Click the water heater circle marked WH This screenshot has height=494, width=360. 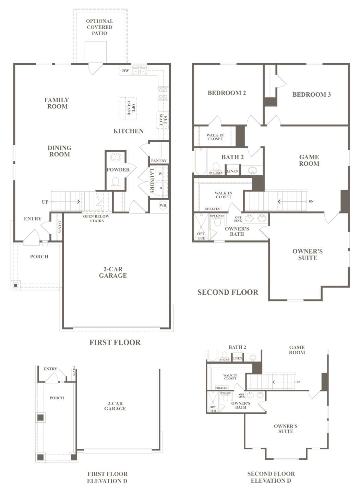163,205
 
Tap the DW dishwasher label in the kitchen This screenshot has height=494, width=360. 125,71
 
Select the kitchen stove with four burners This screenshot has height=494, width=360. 163,93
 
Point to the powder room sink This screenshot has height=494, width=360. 116,157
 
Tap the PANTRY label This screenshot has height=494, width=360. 159,161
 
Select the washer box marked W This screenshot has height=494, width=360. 160,174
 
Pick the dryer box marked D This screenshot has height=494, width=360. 160,188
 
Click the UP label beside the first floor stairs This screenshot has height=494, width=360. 45,202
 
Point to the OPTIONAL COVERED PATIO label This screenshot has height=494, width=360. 100,27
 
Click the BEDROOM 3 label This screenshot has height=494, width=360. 312,95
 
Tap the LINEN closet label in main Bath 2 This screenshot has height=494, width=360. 232,171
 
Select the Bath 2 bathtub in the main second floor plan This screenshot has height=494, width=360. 201,162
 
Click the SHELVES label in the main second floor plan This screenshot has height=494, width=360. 212,209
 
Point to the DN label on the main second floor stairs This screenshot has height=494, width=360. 311,201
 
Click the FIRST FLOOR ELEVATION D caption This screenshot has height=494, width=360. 107,478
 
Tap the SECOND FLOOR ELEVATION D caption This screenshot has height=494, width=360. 271,477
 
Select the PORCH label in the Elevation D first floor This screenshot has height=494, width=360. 57,398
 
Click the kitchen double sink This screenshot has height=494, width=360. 140,71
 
